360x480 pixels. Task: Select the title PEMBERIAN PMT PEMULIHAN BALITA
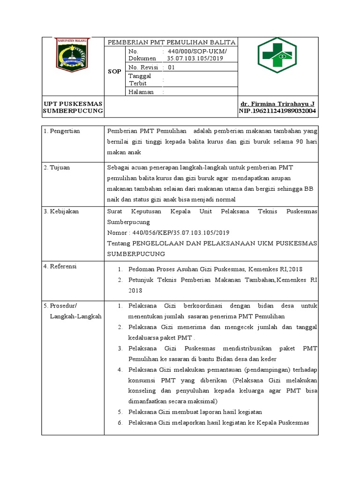(x=171, y=42)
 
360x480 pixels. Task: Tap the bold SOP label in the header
(x=115, y=71)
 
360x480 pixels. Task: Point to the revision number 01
(x=171, y=67)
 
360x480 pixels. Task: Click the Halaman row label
(x=141, y=92)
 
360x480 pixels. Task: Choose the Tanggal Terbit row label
(x=140, y=79)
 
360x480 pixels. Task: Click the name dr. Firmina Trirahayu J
(x=277, y=103)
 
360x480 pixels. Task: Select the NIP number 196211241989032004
(x=277, y=111)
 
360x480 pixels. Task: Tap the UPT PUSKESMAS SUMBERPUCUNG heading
(x=73, y=107)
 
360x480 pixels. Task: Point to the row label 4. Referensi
(x=61, y=266)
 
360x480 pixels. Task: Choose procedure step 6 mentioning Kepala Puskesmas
(x=218, y=422)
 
